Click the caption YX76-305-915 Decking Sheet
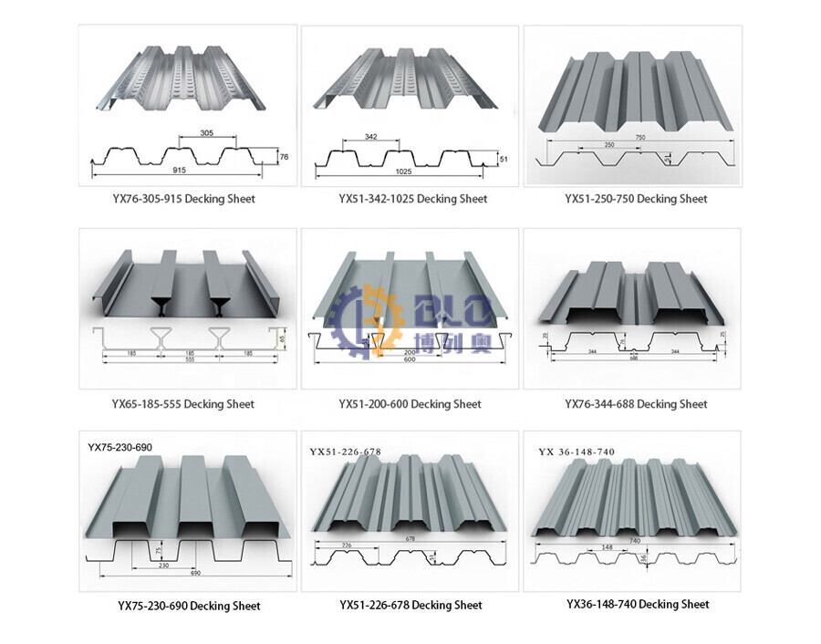coord(187,199)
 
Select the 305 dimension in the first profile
coord(206,133)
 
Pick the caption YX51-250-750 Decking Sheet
coord(636,199)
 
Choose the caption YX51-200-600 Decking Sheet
coord(410,404)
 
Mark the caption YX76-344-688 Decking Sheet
coord(636,404)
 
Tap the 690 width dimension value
coord(195,572)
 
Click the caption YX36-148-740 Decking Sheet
coord(637,604)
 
